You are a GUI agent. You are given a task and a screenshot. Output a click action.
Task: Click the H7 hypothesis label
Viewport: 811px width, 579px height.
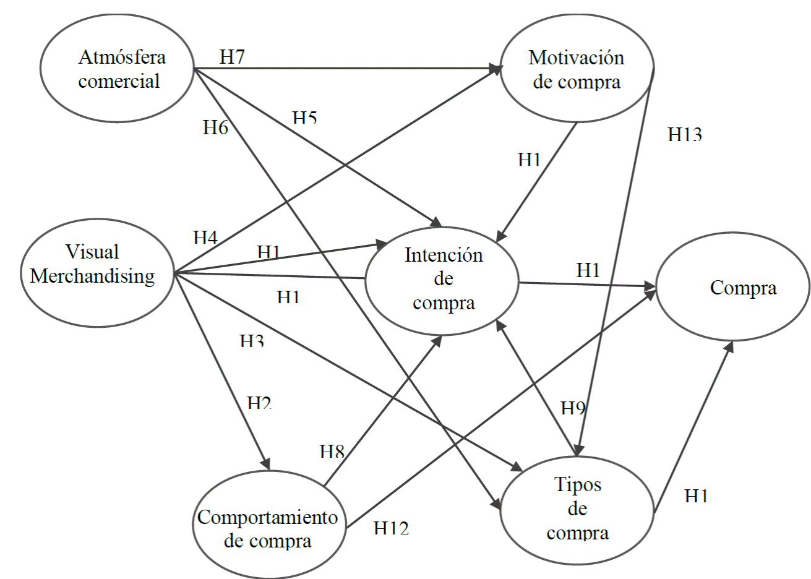click(232, 58)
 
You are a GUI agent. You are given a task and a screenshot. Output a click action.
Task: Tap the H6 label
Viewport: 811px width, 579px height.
click(215, 127)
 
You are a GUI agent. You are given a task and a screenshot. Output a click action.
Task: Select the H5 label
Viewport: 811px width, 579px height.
click(304, 118)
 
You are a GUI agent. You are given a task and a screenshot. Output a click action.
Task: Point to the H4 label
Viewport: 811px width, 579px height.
click(205, 238)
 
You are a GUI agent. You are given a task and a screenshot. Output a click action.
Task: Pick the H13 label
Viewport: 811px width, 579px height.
click(685, 134)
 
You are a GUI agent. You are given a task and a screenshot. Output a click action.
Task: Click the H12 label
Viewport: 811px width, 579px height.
click(391, 528)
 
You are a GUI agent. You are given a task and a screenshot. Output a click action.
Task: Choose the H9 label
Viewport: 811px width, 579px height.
click(573, 408)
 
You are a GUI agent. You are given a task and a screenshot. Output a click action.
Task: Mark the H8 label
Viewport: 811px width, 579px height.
click(332, 452)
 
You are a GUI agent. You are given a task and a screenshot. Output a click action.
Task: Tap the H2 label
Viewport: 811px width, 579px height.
click(259, 403)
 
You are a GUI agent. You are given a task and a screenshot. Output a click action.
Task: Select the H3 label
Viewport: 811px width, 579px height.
click(252, 341)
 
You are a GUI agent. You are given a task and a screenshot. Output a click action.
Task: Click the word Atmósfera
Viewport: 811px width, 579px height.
click(122, 58)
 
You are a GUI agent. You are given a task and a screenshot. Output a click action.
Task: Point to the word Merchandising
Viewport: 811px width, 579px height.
click(92, 276)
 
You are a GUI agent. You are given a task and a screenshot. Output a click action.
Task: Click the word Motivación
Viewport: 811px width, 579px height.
click(576, 58)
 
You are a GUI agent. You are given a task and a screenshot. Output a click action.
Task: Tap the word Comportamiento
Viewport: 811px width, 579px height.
click(267, 517)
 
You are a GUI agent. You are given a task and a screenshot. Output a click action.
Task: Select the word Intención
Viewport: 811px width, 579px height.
click(444, 255)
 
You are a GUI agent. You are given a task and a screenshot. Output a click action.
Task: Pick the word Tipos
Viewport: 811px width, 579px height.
click(578, 484)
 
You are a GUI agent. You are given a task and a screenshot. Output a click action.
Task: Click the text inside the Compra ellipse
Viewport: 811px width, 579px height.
click(743, 288)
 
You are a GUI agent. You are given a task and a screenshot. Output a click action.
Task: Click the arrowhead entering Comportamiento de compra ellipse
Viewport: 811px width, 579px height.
click(267, 465)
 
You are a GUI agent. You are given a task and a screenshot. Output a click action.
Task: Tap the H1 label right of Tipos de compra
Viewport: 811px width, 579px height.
click(697, 495)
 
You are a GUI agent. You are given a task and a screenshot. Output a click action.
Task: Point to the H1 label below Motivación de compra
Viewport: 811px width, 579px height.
click(530, 160)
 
